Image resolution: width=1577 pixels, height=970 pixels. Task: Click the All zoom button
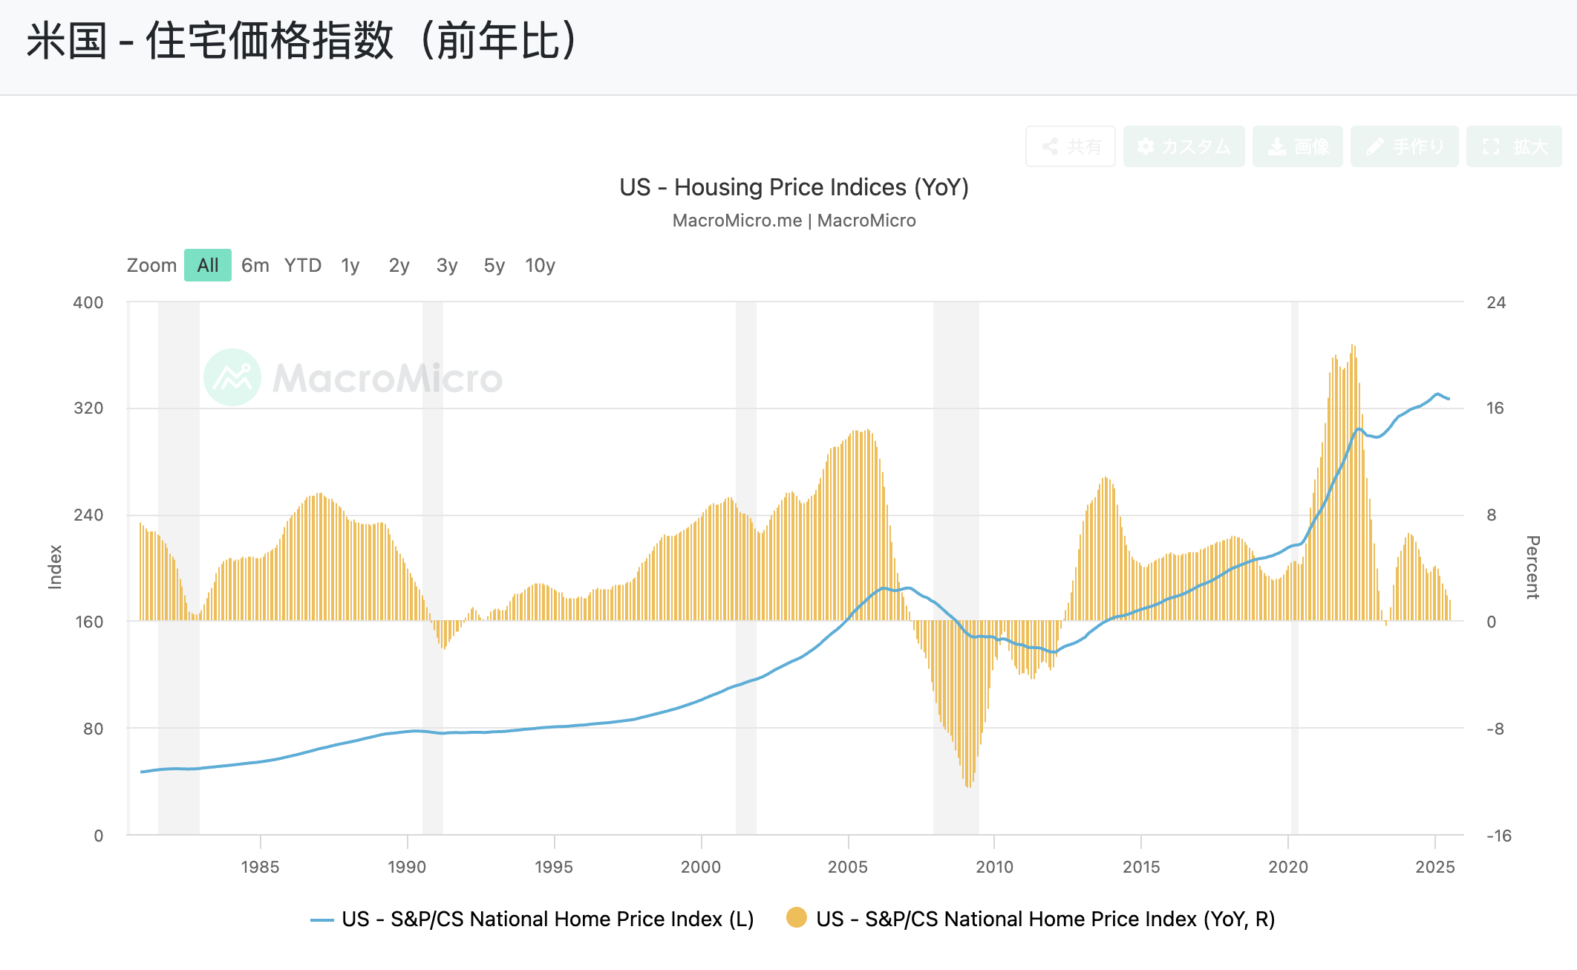pyautogui.click(x=208, y=265)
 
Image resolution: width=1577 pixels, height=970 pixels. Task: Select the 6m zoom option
pyautogui.click(x=255, y=265)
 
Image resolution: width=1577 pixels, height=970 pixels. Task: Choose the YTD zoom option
pyautogui.click(x=303, y=265)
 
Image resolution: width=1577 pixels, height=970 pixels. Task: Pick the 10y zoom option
pyautogui.click(x=540, y=265)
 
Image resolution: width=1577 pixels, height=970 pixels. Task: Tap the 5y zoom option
pyautogui.click(x=494, y=265)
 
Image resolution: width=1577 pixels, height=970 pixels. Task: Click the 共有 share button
pyautogui.click(x=1071, y=146)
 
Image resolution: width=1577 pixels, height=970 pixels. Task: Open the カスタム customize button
pyautogui.click(x=1184, y=146)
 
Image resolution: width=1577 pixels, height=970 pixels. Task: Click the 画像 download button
pyautogui.click(x=1298, y=146)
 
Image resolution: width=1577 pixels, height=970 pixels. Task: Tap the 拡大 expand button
pyautogui.click(x=1514, y=146)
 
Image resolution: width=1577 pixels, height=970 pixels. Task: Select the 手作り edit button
pyautogui.click(x=1405, y=146)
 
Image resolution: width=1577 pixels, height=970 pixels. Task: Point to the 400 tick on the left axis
pyautogui.click(x=88, y=302)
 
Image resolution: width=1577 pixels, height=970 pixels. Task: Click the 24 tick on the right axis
pyautogui.click(x=1496, y=302)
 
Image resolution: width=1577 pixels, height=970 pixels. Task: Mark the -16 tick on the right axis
pyautogui.click(x=1498, y=836)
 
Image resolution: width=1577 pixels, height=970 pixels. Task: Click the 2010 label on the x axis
pyautogui.click(x=994, y=867)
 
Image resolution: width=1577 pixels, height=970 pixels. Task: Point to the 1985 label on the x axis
pyautogui.click(x=260, y=867)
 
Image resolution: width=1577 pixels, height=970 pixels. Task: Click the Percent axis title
pyautogui.click(x=1532, y=567)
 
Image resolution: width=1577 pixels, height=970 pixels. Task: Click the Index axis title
pyautogui.click(x=55, y=567)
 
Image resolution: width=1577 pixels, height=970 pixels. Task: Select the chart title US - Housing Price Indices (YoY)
pyautogui.click(x=794, y=187)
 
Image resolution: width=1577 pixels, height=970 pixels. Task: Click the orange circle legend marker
pyautogui.click(x=797, y=918)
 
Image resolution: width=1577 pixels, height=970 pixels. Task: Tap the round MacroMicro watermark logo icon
pyautogui.click(x=232, y=377)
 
